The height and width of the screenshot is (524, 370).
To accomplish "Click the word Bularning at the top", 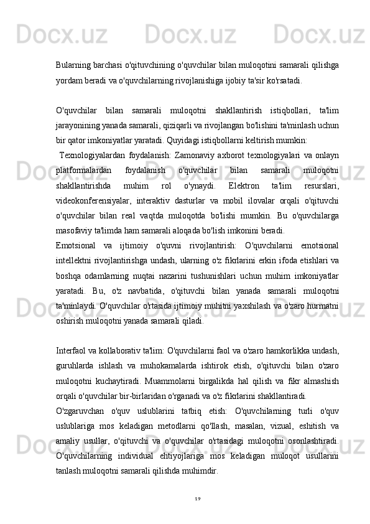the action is (73, 65).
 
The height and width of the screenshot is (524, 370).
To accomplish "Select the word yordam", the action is (68, 81).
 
